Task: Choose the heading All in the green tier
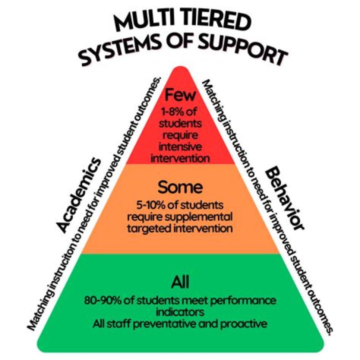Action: pyautogui.click(x=180, y=283)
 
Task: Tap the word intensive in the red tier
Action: pyautogui.click(x=179, y=148)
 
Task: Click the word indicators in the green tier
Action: pyautogui.click(x=180, y=312)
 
